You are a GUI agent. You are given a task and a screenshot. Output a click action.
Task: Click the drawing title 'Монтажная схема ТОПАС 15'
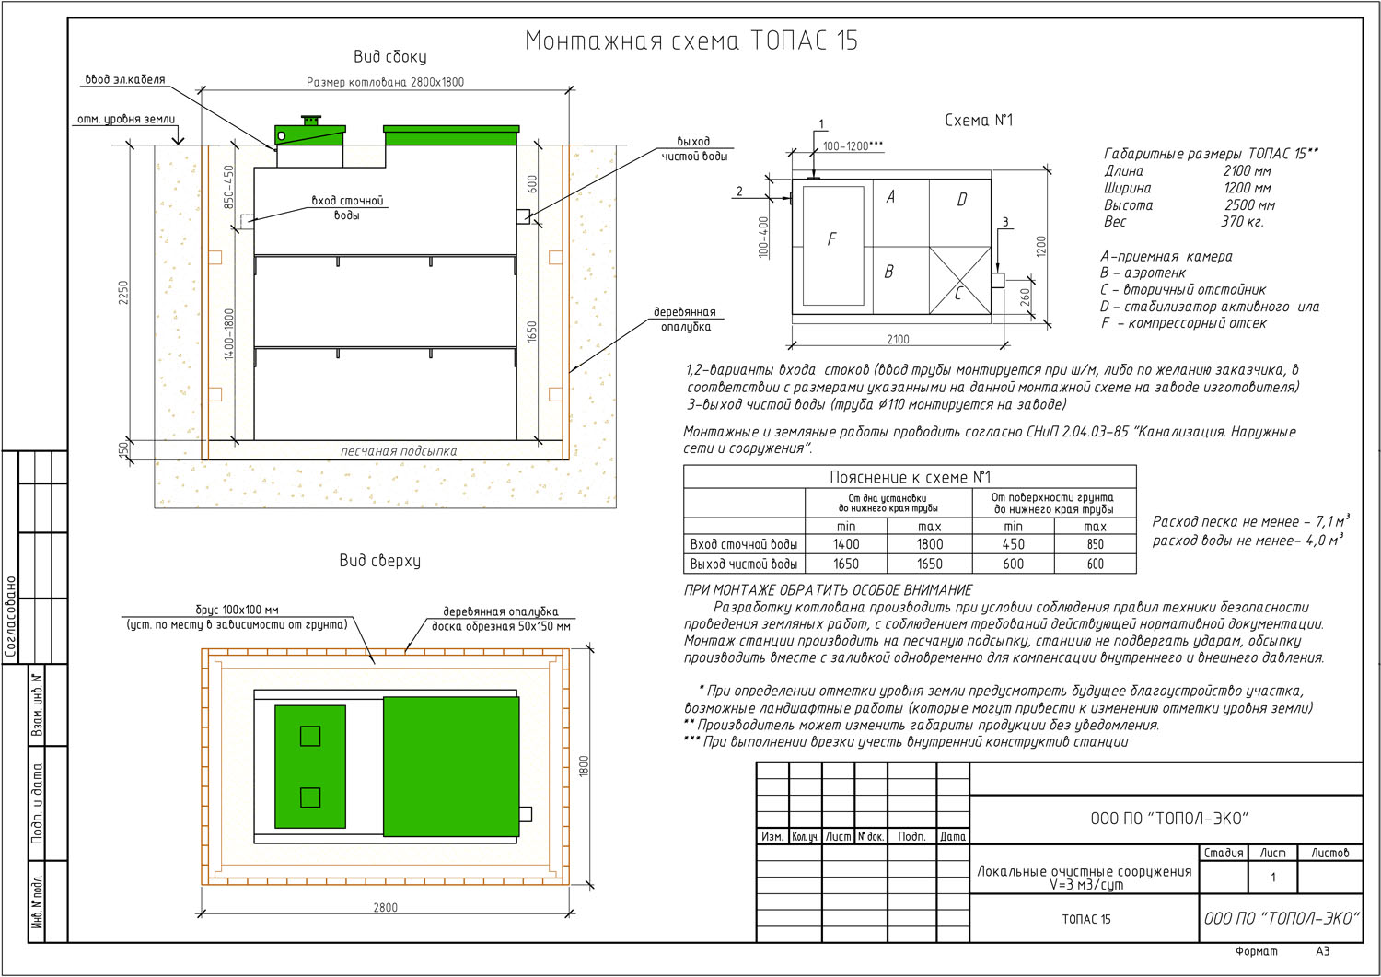(691, 41)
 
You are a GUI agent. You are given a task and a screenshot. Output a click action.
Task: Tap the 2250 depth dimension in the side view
(123, 292)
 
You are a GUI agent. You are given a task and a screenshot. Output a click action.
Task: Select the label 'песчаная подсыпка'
(399, 451)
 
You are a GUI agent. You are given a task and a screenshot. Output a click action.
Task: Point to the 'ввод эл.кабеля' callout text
(125, 79)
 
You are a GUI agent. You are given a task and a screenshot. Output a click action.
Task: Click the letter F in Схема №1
(831, 239)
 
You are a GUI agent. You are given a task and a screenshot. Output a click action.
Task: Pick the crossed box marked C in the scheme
(960, 281)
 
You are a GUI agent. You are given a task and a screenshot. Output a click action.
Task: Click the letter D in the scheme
(962, 199)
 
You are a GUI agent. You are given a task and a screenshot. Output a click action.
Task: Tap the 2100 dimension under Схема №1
(898, 339)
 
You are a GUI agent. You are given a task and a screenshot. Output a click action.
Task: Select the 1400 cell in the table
(846, 544)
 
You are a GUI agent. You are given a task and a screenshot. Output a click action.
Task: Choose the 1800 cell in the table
(930, 544)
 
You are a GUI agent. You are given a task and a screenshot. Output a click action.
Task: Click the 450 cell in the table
(1013, 544)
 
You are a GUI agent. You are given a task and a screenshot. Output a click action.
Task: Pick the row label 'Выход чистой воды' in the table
(744, 564)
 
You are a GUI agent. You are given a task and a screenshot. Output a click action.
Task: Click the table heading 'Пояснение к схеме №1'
(910, 477)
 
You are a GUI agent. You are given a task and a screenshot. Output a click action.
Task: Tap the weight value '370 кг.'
(1242, 221)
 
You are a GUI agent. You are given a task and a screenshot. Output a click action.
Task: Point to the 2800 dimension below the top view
(386, 907)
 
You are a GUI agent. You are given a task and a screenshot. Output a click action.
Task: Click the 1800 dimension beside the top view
(584, 766)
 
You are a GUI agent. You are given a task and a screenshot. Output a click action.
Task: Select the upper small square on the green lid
(310, 736)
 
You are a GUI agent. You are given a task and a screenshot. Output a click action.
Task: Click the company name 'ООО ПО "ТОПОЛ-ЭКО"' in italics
(1282, 918)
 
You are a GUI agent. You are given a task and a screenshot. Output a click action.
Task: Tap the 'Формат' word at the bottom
(1257, 952)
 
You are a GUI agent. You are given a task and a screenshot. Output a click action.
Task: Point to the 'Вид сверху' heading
(379, 560)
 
